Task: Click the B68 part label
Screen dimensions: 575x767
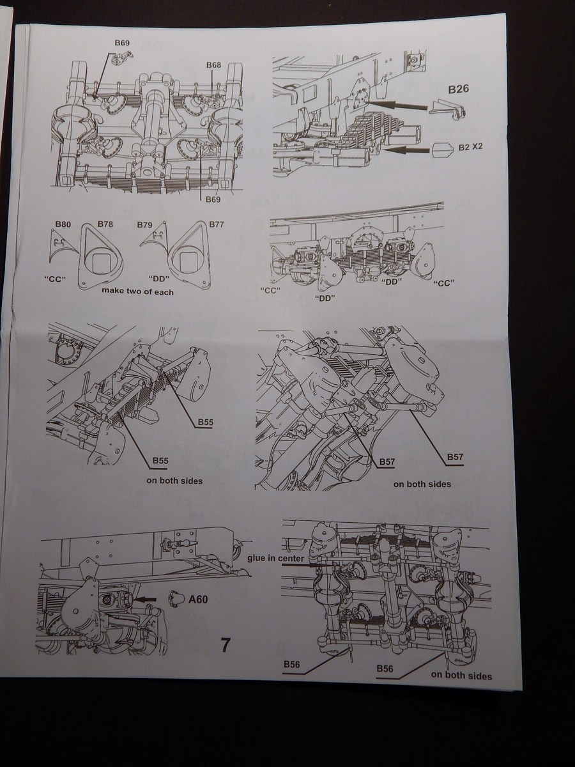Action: pos(213,65)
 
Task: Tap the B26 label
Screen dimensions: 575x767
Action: pos(458,89)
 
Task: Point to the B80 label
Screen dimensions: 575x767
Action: pos(63,224)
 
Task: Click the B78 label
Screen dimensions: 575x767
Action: pos(105,224)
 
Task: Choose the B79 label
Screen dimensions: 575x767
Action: pos(145,225)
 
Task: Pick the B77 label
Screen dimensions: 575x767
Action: pos(217,224)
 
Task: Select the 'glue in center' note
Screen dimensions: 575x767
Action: pos(276,558)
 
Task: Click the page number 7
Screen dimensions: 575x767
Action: pos(225,645)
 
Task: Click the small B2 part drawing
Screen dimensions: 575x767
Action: pos(442,150)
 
